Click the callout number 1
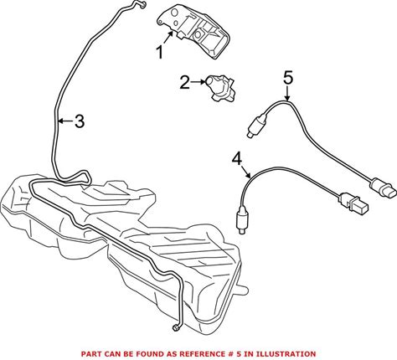coord(160,53)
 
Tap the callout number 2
coord(184,82)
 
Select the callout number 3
coord(80,121)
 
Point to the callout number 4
coord(237,160)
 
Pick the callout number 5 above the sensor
coord(288,78)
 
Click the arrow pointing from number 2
coord(198,82)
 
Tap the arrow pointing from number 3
coord(65,121)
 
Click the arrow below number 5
coord(287,93)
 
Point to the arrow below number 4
coord(246,172)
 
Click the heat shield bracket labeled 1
coord(193,32)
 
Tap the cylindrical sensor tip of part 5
coord(253,127)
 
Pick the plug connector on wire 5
coord(383,188)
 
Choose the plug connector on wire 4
coord(353,203)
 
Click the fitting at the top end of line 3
coord(142,3)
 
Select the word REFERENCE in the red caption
coord(202,354)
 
